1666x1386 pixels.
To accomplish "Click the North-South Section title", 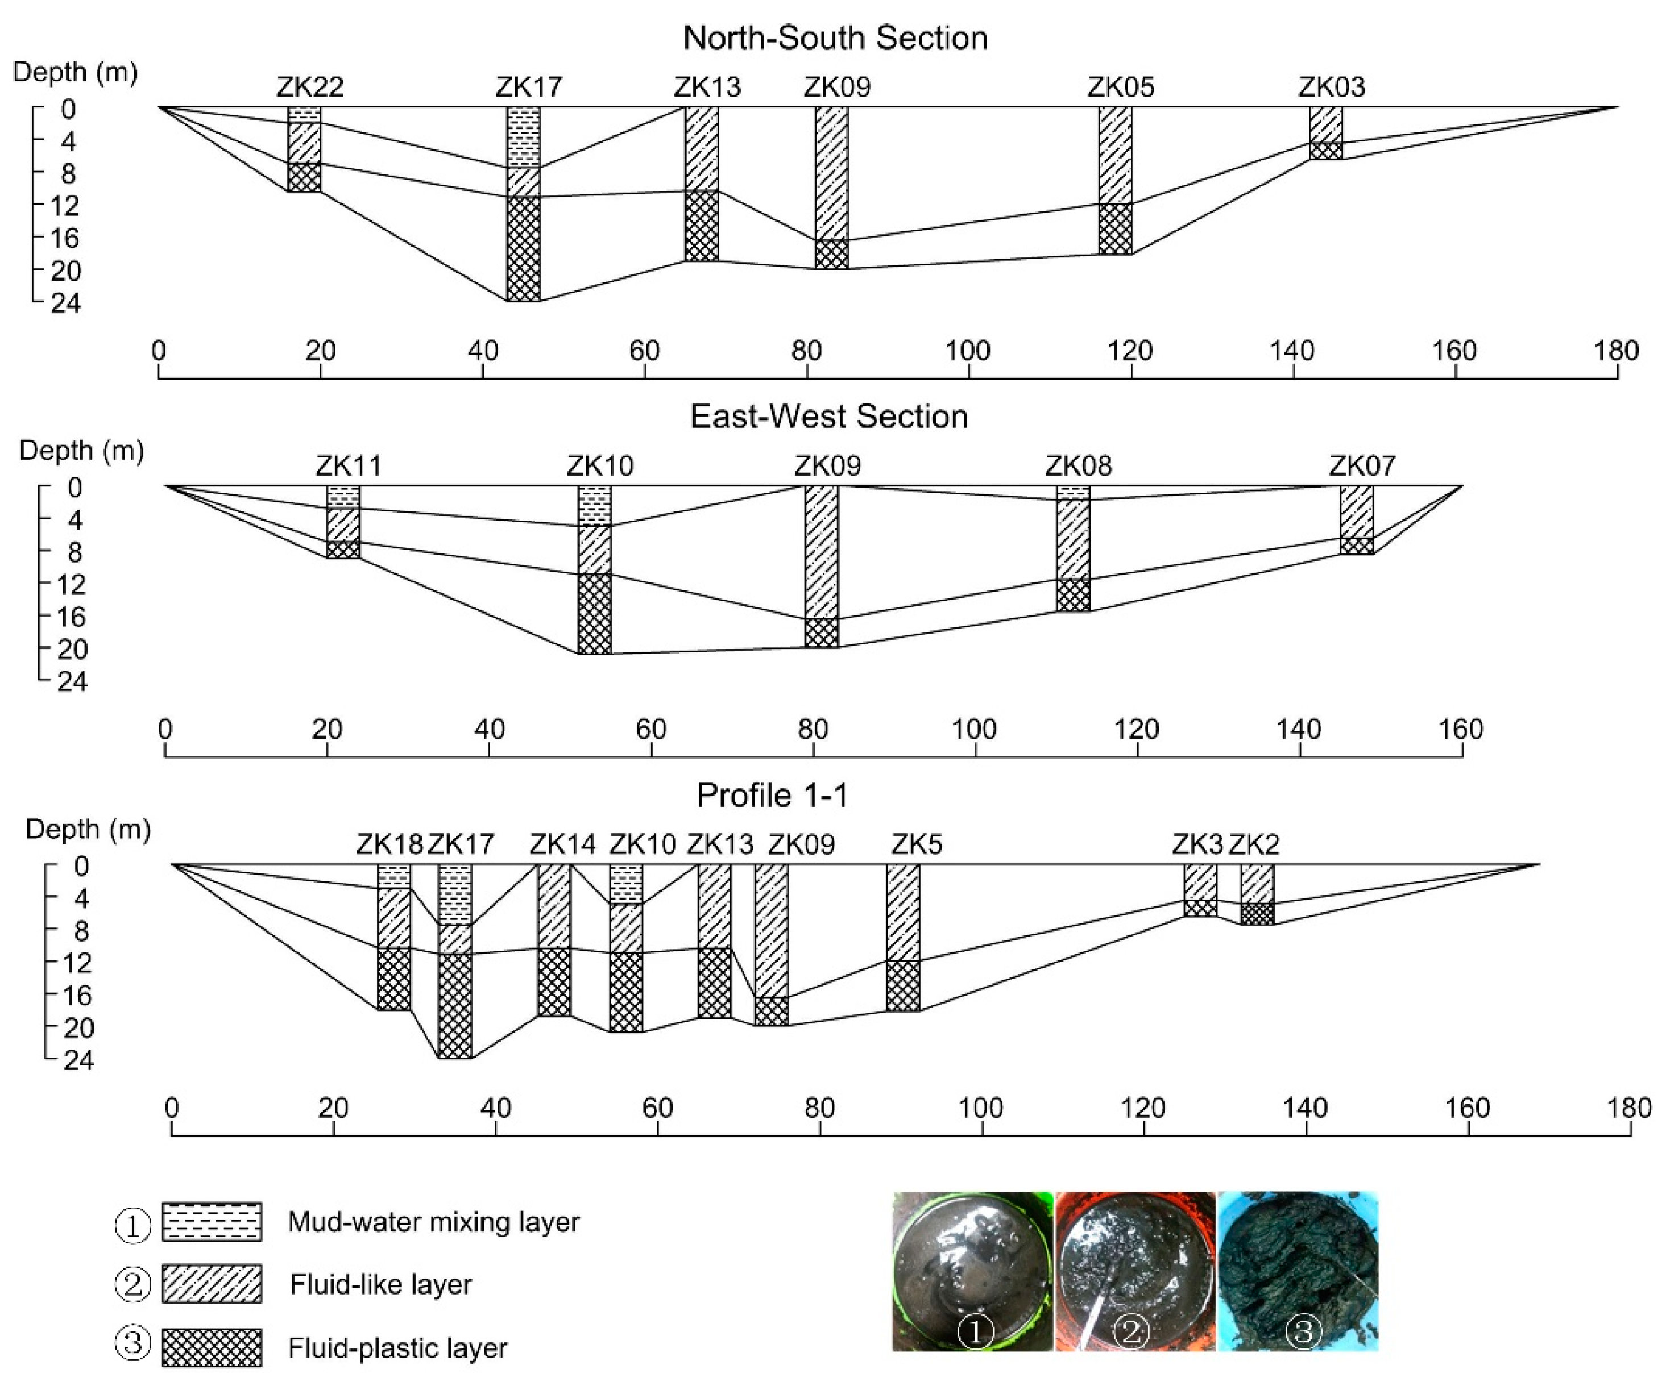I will [x=835, y=38].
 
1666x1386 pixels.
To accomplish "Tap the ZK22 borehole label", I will [x=310, y=86].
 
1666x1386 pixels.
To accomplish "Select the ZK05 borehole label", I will [x=1120, y=86].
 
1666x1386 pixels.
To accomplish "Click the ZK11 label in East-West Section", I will [x=349, y=465].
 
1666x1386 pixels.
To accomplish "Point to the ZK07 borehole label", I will [x=1362, y=465].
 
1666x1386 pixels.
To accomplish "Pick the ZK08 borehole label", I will [x=1078, y=465].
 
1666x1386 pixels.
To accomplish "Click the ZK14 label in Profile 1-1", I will [x=562, y=844].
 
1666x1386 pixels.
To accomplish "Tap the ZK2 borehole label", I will [x=1254, y=844].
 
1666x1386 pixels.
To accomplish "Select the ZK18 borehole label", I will [x=389, y=844].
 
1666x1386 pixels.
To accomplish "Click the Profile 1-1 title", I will [x=772, y=795].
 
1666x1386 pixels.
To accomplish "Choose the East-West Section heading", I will [x=829, y=417].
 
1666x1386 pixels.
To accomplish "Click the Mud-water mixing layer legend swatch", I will [x=212, y=1221].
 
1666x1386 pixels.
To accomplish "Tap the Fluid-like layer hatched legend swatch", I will [x=212, y=1284].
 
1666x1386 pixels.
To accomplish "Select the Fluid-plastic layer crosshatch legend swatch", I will [x=212, y=1347].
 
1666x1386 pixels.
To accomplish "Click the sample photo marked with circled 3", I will [x=1298, y=1271].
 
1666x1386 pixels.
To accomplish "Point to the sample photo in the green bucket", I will [x=973, y=1271].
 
